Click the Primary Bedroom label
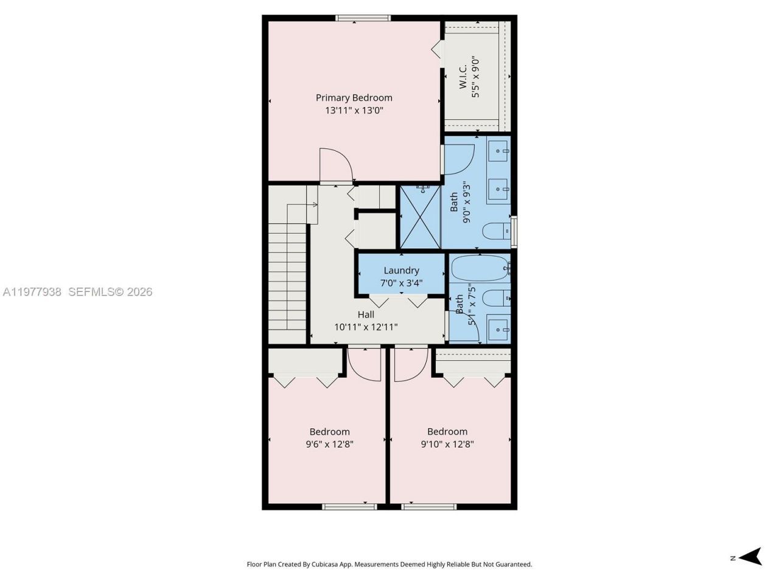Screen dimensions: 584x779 (354, 97)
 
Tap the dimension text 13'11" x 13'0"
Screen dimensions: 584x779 (354, 111)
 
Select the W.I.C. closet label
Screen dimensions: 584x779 (463, 77)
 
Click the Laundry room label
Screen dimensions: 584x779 (401, 270)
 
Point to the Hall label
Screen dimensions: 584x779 (366, 315)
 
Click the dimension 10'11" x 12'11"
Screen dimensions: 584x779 (366, 327)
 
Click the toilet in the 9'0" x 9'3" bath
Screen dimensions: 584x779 (495, 231)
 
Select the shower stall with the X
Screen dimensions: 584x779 (420, 217)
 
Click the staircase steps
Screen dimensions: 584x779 (287, 274)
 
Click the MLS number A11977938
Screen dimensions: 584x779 (32, 292)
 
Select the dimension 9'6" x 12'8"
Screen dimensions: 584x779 (329, 444)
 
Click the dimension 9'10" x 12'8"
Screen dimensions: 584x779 (447, 444)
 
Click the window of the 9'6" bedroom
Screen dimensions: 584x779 (349, 506)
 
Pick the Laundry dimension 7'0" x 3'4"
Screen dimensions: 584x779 (401, 283)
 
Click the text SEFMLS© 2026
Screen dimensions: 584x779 (110, 292)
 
